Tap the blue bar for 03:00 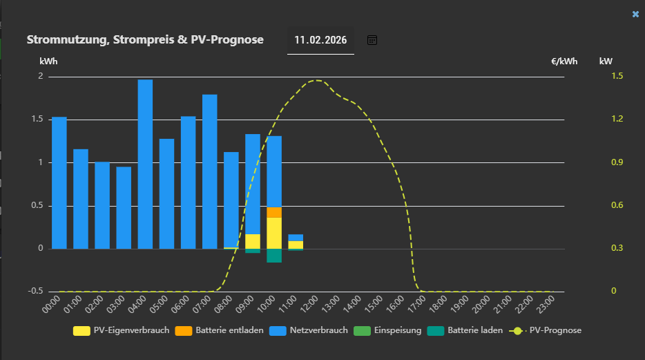pyautogui.click(x=124, y=207)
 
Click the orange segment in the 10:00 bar pyautogui.click(x=274, y=212)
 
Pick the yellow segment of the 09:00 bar pyautogui.click(x=253, y=241)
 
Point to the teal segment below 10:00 pyautogui.click(x=274, y=256)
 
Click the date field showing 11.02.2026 pyautogui.click(x=320, y=40)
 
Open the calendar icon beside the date pyautogui.click(x=372, y=40)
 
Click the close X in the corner pyautogui.click(x=635, y=14)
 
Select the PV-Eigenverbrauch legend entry pyautogui.click(x=122, y=330)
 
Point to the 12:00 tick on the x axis pyautogui.click(x=309, y=305)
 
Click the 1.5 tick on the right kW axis pyautogui.click(x=617, y=76)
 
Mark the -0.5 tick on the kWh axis pyautogui.click(x=35, y=291)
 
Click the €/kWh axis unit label pyautogui.click(x=564, y=61)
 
